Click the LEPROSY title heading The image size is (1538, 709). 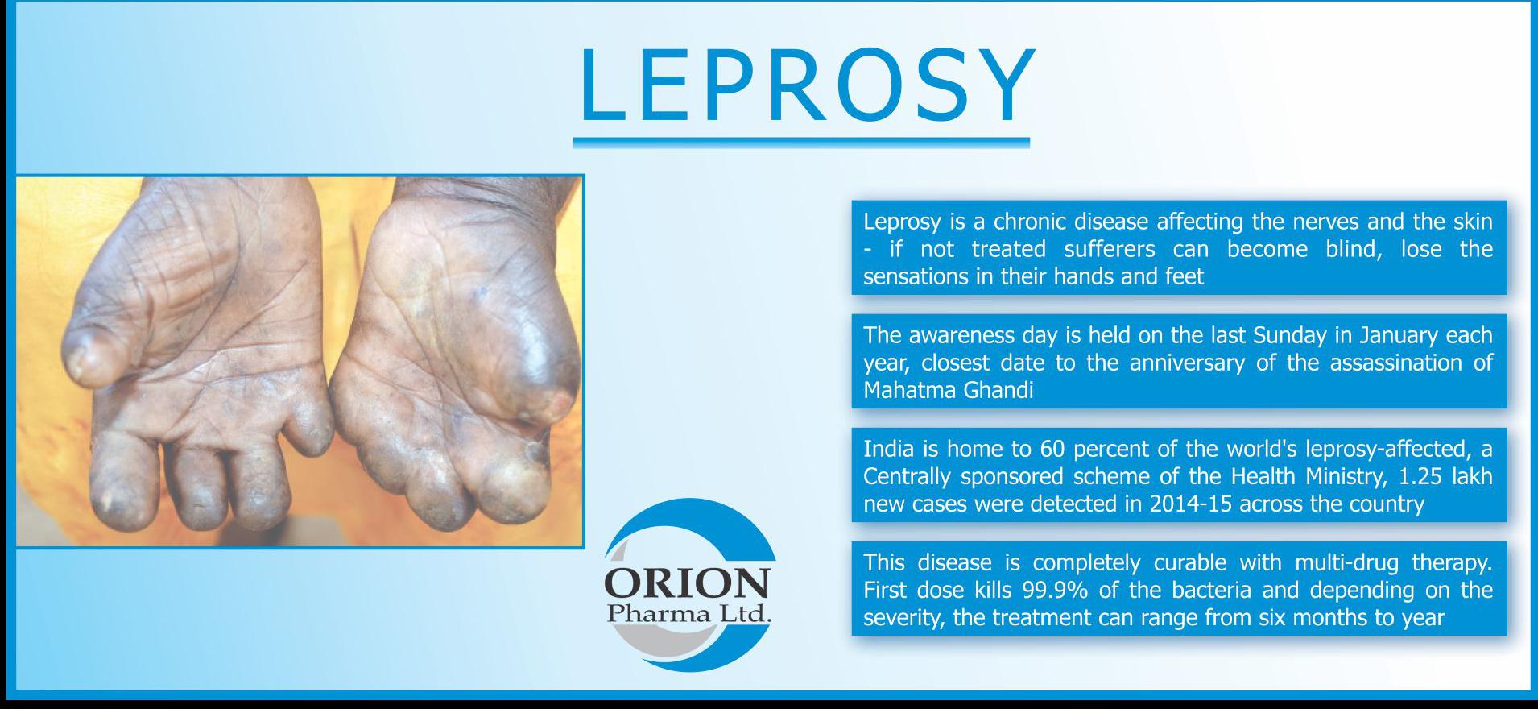806,85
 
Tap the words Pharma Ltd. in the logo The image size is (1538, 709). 689,614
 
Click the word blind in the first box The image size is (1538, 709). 1352,248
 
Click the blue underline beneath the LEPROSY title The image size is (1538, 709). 801,143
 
